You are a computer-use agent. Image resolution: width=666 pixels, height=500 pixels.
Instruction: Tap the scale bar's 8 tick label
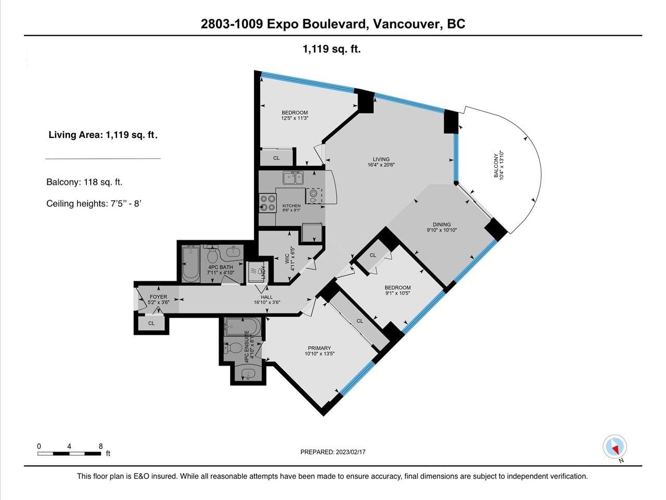101,446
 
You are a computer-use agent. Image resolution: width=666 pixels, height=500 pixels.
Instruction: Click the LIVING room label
381,159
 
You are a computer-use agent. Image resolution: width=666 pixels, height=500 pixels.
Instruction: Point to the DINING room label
442,224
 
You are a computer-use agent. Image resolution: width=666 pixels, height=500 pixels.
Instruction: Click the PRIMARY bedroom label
319,348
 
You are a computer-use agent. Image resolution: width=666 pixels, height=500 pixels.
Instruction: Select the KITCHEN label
291,206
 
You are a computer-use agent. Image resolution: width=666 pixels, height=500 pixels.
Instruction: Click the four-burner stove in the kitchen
268,203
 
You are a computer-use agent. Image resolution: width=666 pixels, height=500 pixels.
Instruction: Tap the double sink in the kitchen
293,178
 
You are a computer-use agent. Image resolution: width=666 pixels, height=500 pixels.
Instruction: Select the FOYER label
158,296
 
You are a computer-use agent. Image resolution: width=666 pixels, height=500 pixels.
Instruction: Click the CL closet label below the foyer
151,323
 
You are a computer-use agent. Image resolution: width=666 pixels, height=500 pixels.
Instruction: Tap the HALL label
267,297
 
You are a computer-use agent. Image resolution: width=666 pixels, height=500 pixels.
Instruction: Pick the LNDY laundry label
263,272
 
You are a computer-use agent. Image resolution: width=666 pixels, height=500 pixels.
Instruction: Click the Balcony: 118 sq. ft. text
84,182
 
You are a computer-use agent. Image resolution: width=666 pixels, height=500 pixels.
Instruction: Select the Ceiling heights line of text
94,203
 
